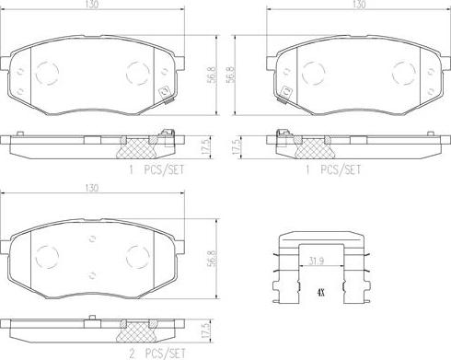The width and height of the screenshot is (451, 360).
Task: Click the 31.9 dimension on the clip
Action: pyautogui.click(x=317, y=261)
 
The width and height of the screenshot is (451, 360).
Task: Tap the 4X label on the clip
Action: pyautogui.click(x=321, y=293)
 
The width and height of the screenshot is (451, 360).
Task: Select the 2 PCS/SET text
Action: pyautogui.click(x=157, y=354)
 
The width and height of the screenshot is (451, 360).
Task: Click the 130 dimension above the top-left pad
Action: pyautogui.click(x=92, y=5)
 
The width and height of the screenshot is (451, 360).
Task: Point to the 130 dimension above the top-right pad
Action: pyautogui.click(x=359, y=5)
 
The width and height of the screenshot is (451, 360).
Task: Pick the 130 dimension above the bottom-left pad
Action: pyautogui.click(x=92, y=188)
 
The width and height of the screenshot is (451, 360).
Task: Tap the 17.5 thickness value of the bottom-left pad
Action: pyautogui.click(x=208, y=330)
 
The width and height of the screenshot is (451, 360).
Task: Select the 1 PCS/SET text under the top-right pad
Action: pyautogui.click(x=333, y=169)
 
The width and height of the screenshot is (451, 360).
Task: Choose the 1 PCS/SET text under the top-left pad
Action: pyautogui.click(x=156, y=169)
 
